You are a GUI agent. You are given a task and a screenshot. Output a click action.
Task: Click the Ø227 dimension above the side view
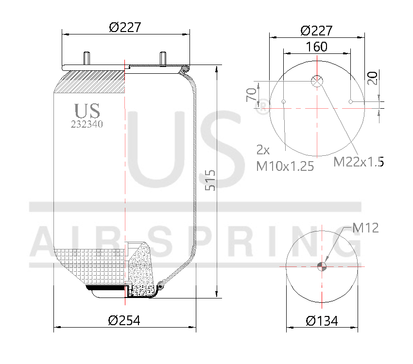click(125, 28)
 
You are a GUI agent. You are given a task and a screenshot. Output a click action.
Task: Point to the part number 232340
click(87, 124)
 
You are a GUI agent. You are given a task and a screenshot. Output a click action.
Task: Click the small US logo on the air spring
click(87, 111)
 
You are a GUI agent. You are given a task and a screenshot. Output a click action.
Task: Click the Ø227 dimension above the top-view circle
click(316, 31)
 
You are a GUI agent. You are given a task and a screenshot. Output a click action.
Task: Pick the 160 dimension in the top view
click(316, 47)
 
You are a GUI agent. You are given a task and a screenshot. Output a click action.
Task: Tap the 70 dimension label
click(251, 94)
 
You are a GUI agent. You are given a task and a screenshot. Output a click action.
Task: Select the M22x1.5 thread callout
click(359, 162)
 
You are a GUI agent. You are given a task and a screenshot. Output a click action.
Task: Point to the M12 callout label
click(365, 227)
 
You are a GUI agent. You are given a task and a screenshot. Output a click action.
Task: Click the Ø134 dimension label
click(322, 321)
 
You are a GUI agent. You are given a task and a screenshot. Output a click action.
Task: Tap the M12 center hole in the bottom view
click(322, 265)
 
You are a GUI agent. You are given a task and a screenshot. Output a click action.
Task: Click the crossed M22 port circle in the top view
click(317, 82)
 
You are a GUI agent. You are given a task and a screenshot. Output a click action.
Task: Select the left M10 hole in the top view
click(283, 101)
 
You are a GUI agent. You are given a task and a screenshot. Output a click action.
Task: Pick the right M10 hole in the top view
click(350, 101)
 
